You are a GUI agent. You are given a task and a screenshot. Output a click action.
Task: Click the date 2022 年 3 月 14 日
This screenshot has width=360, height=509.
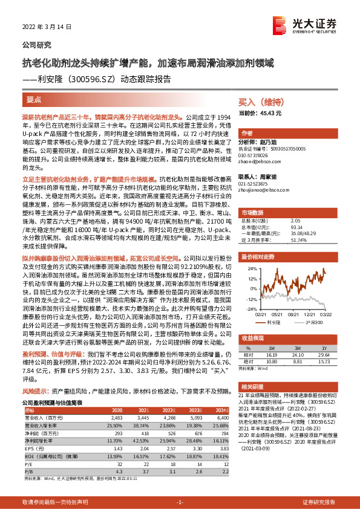(46, 27)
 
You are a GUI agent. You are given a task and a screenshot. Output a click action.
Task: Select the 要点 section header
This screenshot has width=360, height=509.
(34, 99)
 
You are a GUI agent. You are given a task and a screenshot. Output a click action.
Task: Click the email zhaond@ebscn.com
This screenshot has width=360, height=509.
(255, 161)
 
